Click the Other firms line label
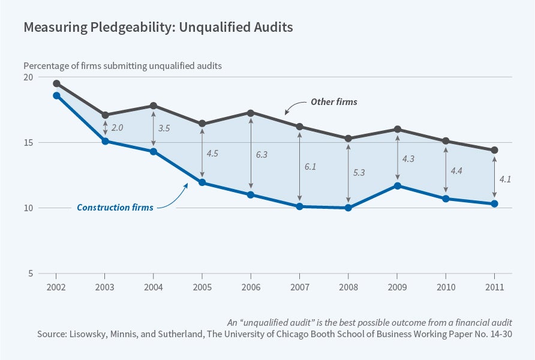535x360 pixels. (333, 102)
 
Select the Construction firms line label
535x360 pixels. (115, 208)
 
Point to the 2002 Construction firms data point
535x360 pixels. (56, 95)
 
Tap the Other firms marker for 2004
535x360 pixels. (154, 106)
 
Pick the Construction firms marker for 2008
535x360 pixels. (348, 208)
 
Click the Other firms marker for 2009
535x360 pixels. (396, 129)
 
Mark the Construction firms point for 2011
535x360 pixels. (494, 204)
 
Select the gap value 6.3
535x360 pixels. (261, 154)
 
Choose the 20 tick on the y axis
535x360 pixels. (28, 77)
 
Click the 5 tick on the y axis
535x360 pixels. (31, 274)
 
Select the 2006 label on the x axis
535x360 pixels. (251, 287)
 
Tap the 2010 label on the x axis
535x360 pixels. (445, 287)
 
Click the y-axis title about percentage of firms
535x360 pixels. (123, 66)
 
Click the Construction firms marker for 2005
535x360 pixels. (202, 182)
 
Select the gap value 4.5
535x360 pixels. (212, 153)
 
